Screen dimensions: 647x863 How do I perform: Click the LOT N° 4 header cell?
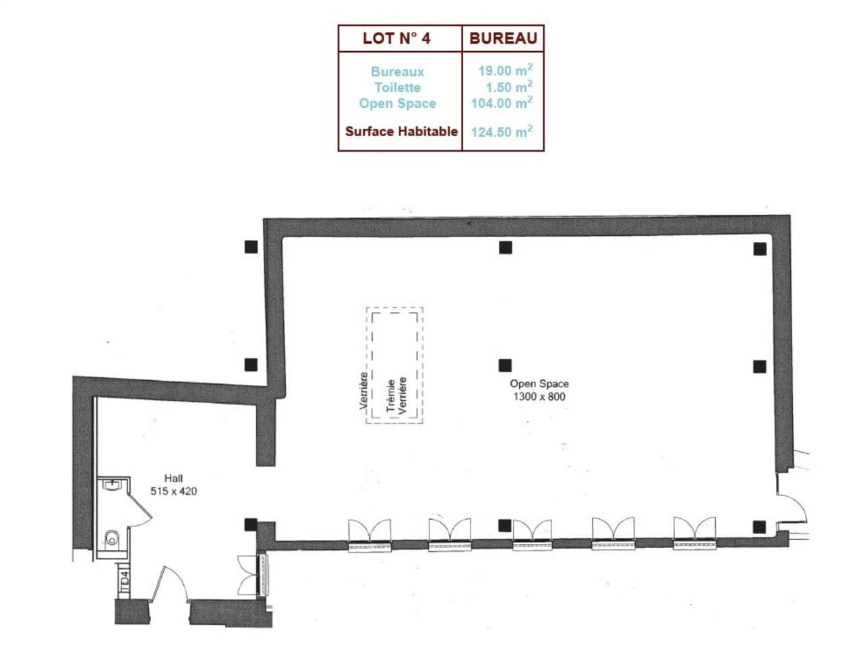396,38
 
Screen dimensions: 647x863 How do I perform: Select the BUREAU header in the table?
503,38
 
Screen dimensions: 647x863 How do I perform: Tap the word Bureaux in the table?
397,71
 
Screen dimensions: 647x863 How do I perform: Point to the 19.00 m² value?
505,70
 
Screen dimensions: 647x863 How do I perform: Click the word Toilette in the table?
397,88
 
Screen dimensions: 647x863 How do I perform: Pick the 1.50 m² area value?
508,87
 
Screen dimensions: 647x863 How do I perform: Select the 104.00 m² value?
502,103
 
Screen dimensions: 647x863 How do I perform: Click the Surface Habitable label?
401,131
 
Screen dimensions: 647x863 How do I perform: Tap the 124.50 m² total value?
502,131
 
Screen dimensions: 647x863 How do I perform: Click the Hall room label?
173,479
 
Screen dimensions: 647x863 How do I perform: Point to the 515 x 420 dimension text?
173,491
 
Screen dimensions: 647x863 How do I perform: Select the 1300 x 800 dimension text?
539,396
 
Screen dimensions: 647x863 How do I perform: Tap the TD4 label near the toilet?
124,582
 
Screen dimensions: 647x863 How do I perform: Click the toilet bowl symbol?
112,538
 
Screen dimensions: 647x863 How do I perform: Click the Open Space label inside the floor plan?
539,383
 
